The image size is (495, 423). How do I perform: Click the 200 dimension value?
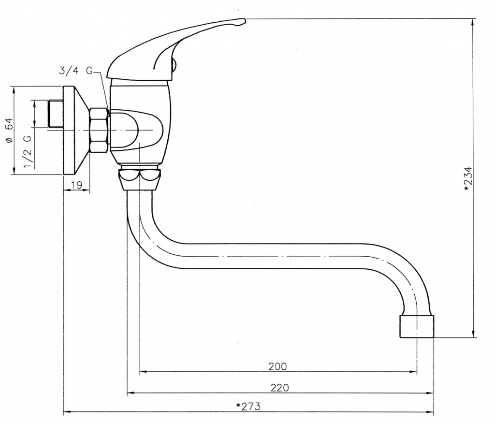[277, 366]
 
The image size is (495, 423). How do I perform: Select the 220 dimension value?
[279, 387]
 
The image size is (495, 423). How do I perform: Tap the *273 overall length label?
[248, 406]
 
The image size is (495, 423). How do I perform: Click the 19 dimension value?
[76, 185]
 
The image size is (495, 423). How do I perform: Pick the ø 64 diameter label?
[10, 130]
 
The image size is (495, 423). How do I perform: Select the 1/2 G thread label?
[28, 151]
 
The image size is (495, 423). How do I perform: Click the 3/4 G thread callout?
[76, 71]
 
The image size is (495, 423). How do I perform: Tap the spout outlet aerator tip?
[417, 326]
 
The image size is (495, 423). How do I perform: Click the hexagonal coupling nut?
[99, 131]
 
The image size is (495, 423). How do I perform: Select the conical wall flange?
[76, 130]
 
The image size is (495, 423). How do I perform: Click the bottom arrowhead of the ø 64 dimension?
[14, 171]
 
